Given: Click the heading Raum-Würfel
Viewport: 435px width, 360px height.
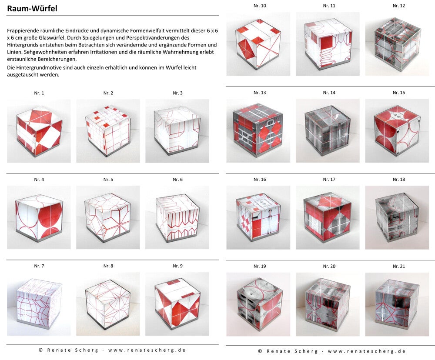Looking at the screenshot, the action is (32, 9).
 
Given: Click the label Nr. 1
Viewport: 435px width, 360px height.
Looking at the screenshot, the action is (39, 93).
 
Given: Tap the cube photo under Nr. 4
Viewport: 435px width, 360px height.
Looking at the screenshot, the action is (39, 217).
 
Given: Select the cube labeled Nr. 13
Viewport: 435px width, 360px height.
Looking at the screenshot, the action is (258, 130).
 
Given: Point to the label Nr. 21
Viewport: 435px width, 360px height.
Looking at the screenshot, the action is (398, 266).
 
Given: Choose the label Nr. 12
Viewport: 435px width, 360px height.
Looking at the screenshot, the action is (398, 6).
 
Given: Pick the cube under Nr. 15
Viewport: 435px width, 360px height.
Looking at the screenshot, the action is (397, 130).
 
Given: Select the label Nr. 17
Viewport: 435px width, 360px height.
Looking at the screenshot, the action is (329, 180).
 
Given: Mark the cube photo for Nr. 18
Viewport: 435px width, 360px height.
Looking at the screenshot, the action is (397, 217).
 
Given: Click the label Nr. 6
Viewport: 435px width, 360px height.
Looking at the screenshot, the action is (177, 180).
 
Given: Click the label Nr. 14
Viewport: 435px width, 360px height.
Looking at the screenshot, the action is (329, 93).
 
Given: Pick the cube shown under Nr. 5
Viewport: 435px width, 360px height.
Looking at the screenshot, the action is (108, 217).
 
